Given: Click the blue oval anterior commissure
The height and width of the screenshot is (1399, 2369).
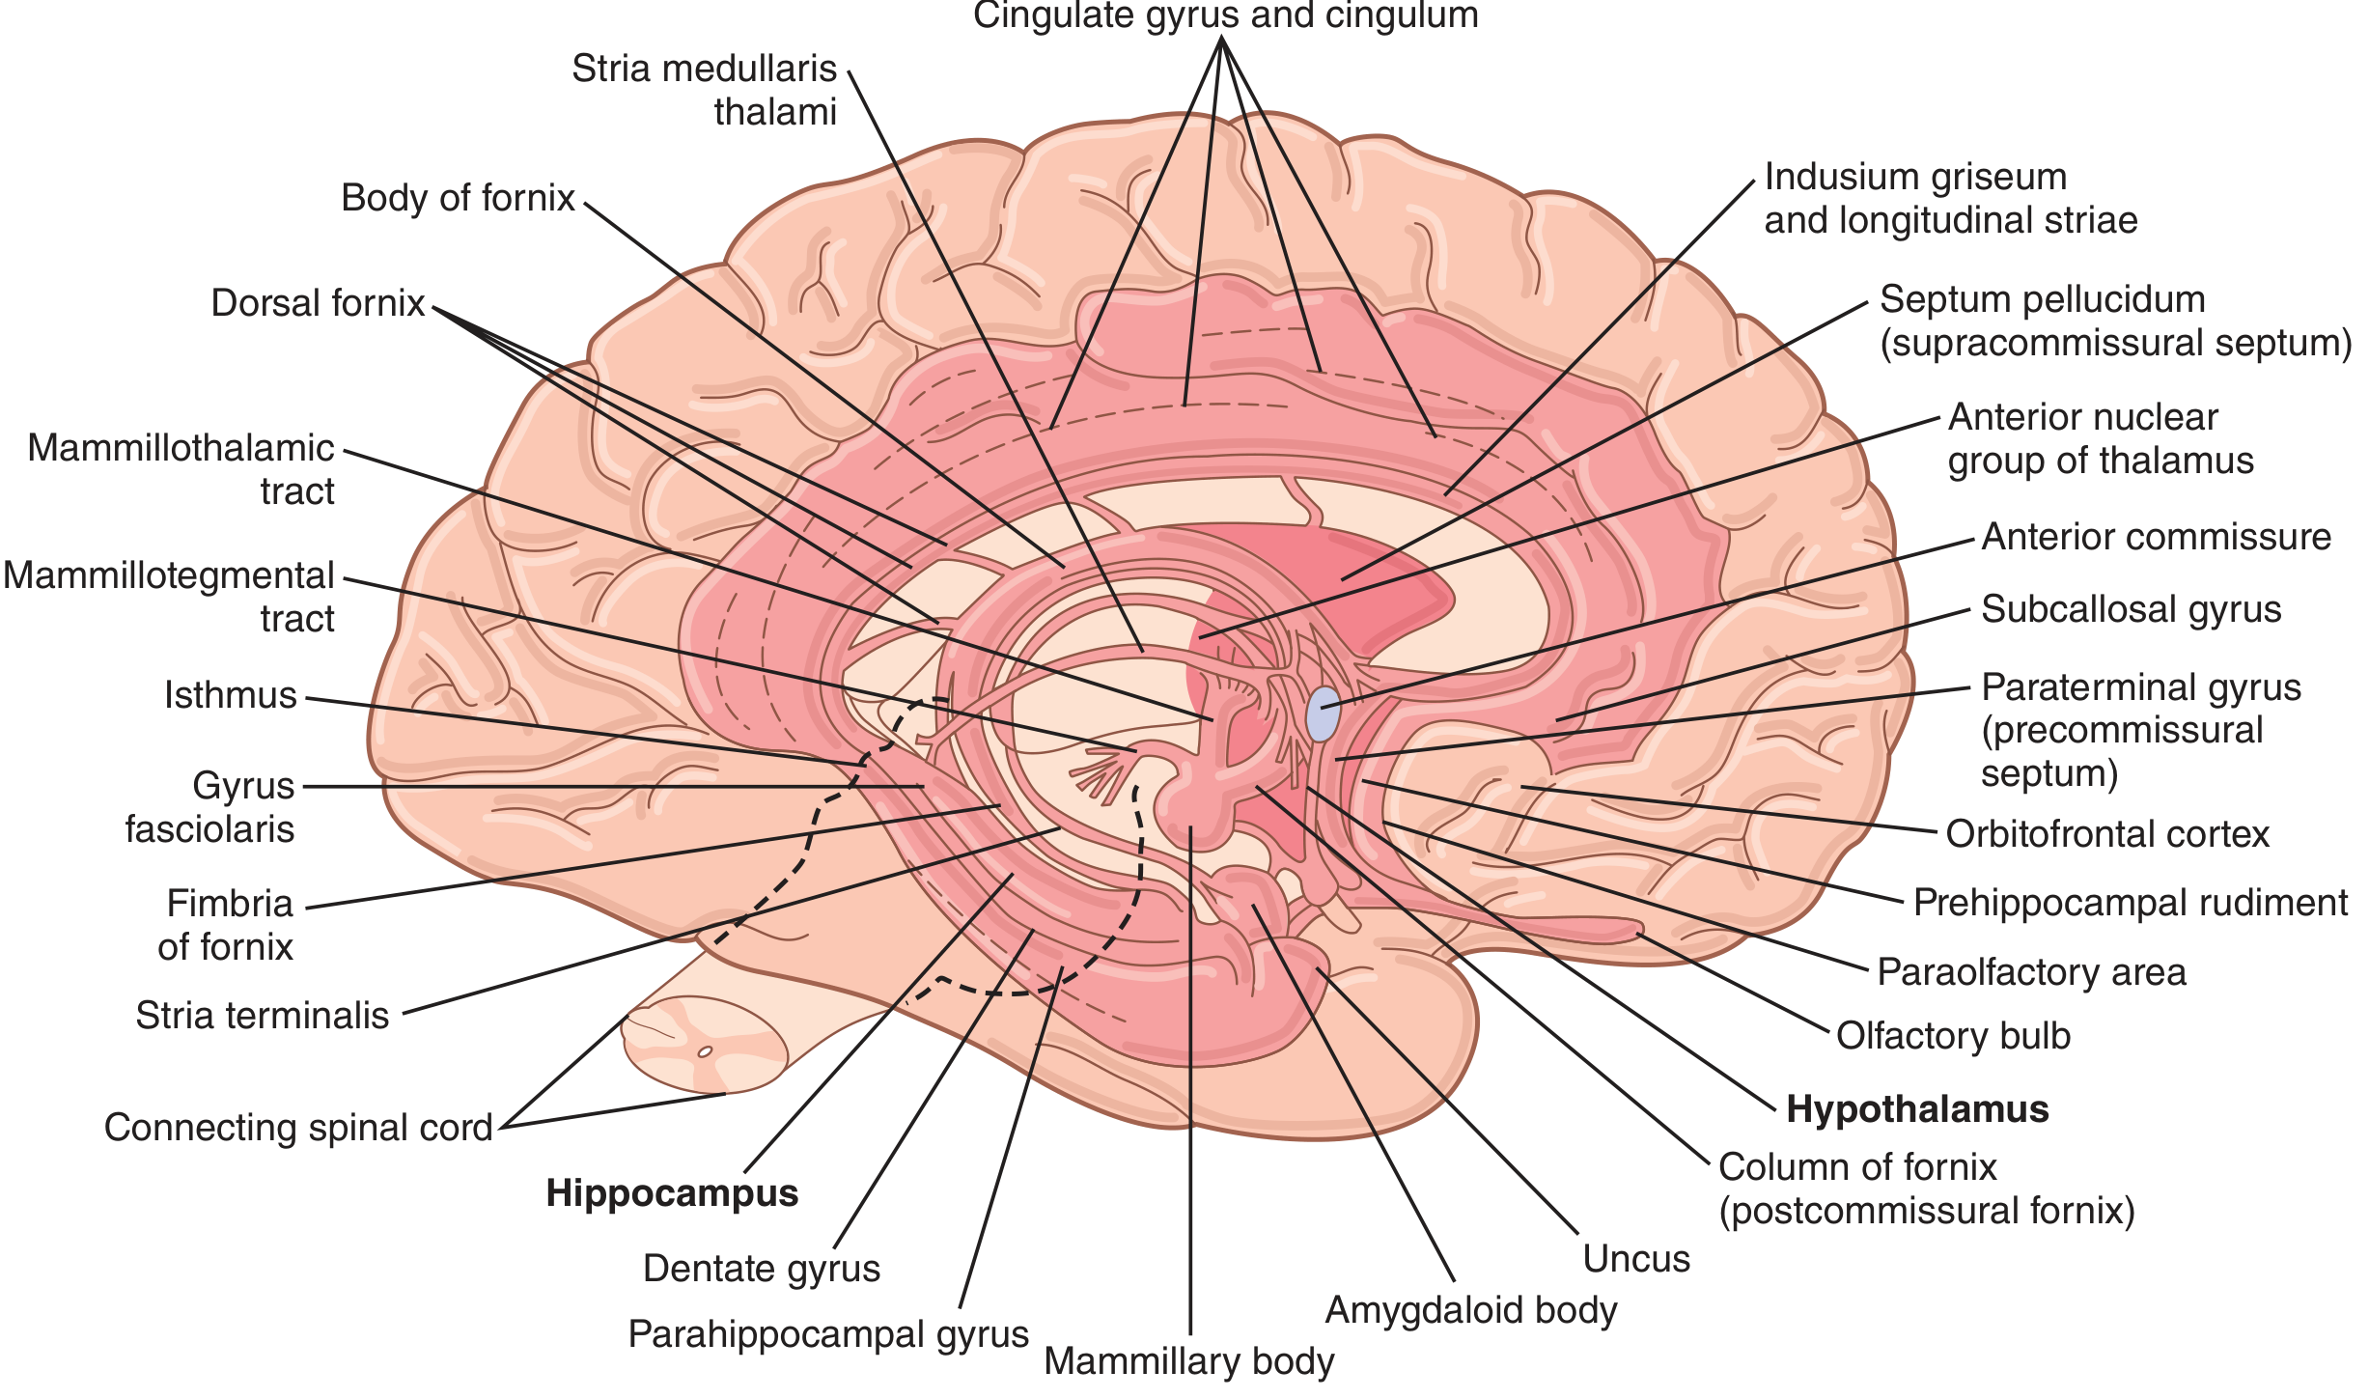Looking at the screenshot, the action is click(1323, 714).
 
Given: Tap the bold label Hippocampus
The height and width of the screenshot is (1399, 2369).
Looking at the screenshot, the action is click(673, 1194).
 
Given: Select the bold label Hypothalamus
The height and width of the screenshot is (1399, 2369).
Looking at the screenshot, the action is click(1917, 1109).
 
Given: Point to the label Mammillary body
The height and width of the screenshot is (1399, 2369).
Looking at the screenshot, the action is click(1189, 1361).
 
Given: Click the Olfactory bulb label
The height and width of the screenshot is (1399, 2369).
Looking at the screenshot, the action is click(1954, 1036).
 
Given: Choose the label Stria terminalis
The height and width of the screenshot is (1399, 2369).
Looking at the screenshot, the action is click(262, 1016).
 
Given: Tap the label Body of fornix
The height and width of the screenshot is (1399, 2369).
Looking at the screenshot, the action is click(458, 198).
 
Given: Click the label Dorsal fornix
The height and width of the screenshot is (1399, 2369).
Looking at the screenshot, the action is click(318, 303).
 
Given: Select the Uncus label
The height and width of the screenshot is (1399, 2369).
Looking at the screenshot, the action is click(1637, 1259).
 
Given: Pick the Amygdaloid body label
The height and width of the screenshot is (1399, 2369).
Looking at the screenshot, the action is click(1471, 1311).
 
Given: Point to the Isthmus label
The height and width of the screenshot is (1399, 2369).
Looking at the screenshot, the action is click(231, 695).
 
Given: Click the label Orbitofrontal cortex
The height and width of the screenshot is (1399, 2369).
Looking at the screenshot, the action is click(2107, 834).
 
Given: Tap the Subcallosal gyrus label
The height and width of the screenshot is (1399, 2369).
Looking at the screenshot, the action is click(2132, 610).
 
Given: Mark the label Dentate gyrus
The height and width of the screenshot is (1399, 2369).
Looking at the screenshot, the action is click(762, 1270).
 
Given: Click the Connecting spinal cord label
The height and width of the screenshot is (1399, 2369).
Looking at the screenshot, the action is click(298, 1128).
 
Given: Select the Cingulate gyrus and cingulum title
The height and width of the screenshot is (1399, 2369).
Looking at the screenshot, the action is click(1226, 16).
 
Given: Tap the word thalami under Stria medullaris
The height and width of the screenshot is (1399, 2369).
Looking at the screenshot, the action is click(775, 113).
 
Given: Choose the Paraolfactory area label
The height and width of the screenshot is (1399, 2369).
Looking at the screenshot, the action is click(2032, 972).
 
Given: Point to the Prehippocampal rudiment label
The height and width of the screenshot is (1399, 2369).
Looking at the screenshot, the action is click(2131, 904).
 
